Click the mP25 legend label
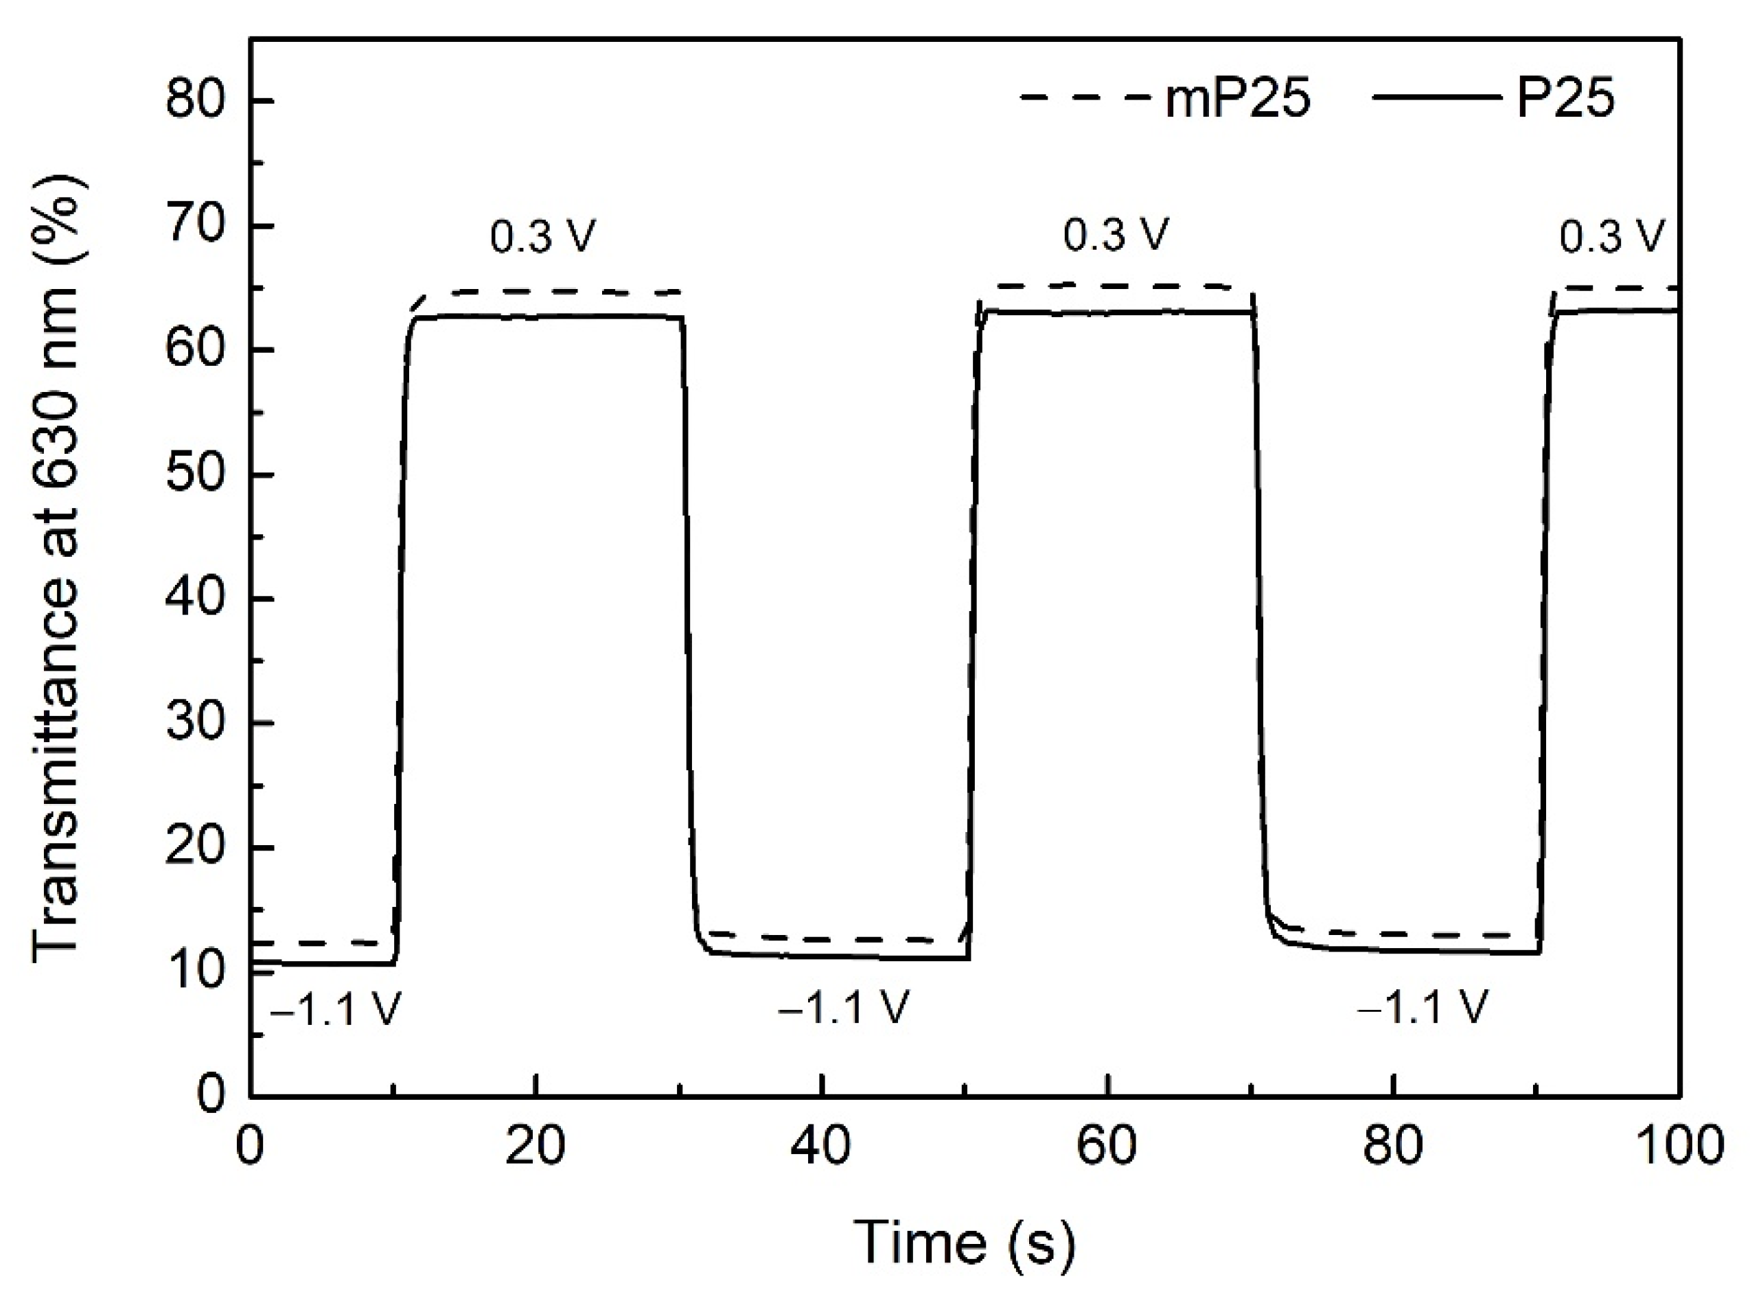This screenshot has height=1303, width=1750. [1237, 100]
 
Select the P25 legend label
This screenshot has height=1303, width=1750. [1565, 100]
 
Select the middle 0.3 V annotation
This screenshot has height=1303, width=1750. [1114, 234]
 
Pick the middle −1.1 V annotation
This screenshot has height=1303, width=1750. [844, 1007]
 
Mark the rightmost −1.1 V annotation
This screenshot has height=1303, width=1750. [1422, 1007]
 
